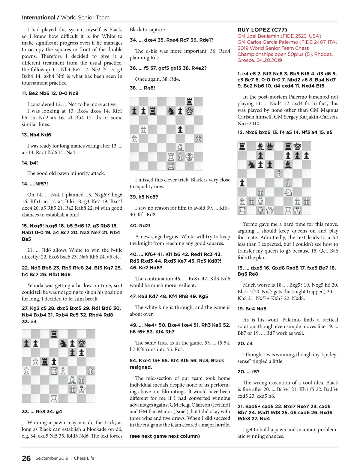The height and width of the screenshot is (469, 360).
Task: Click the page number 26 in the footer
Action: point(26,458)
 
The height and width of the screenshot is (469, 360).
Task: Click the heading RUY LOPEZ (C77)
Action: point(262,30)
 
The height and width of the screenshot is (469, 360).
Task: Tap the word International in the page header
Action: point(38,17)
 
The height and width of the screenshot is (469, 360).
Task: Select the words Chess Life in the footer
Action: point(84,458)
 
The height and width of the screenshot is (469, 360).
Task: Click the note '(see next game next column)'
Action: point(165,436)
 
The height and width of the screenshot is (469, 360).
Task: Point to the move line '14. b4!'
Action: point(30,163)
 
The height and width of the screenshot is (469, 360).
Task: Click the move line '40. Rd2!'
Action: point(140,226)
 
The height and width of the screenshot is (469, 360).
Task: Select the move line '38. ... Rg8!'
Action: point(142,88)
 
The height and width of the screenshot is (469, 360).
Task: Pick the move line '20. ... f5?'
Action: point(248,372)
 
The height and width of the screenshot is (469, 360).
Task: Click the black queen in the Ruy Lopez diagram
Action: point(270,146)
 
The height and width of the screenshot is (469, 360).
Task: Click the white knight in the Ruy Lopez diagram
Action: point(288,192)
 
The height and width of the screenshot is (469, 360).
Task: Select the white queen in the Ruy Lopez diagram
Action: point(270,211)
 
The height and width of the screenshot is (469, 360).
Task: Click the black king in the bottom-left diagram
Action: point(82,343)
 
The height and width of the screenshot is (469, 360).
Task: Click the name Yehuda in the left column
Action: point(36,285)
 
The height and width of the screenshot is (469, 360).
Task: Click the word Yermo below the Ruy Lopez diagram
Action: point(250,224)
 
